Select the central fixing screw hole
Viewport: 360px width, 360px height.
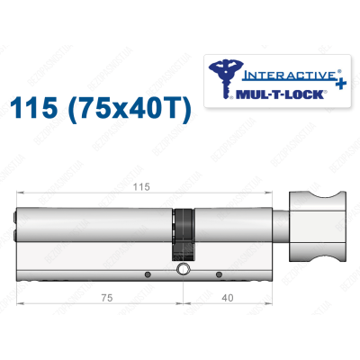pyautogui.click(x=184, y=270)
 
